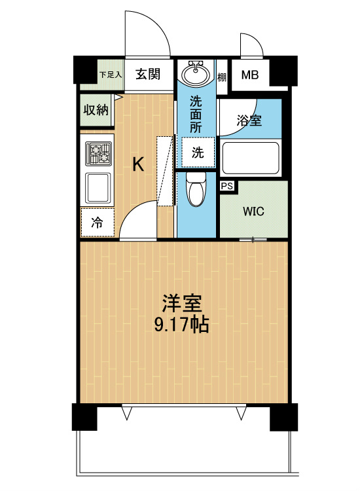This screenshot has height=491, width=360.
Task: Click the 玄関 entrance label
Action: [x=149, y=74]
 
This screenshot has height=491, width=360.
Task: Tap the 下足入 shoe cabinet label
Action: [x=111, y=74]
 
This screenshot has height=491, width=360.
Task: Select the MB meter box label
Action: [x=249, y=75]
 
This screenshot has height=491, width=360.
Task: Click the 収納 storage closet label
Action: [x=96, y=109]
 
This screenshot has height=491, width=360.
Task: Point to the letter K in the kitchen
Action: [x=138, y=164]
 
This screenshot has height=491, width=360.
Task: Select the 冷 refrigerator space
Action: [x=96, y=222]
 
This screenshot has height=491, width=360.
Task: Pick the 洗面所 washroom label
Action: [x=196, y=114]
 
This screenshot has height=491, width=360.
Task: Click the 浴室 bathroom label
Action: [x=249, y=120]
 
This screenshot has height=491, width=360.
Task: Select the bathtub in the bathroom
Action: [x=251, y=156]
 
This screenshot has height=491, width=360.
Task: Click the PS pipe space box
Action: [x=228, y=187]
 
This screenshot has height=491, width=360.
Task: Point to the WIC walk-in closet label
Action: [x=253, y=211]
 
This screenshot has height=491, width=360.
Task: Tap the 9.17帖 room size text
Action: [x=181, y=325]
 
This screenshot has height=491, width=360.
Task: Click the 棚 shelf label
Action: [x=222, y=75]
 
